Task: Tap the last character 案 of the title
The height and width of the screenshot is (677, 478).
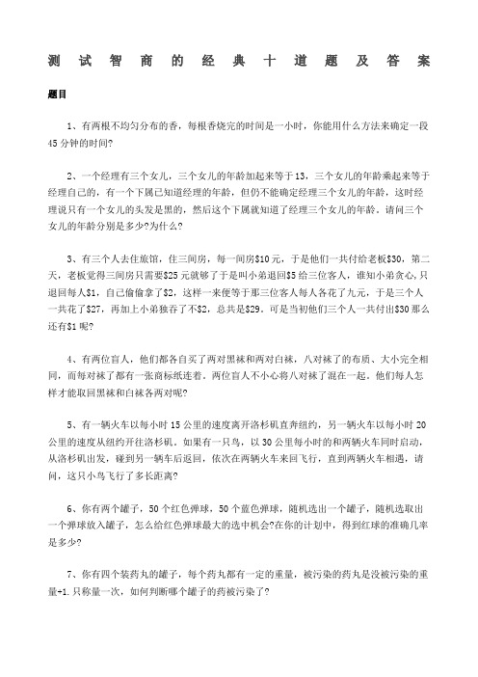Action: tap(424, 61)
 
